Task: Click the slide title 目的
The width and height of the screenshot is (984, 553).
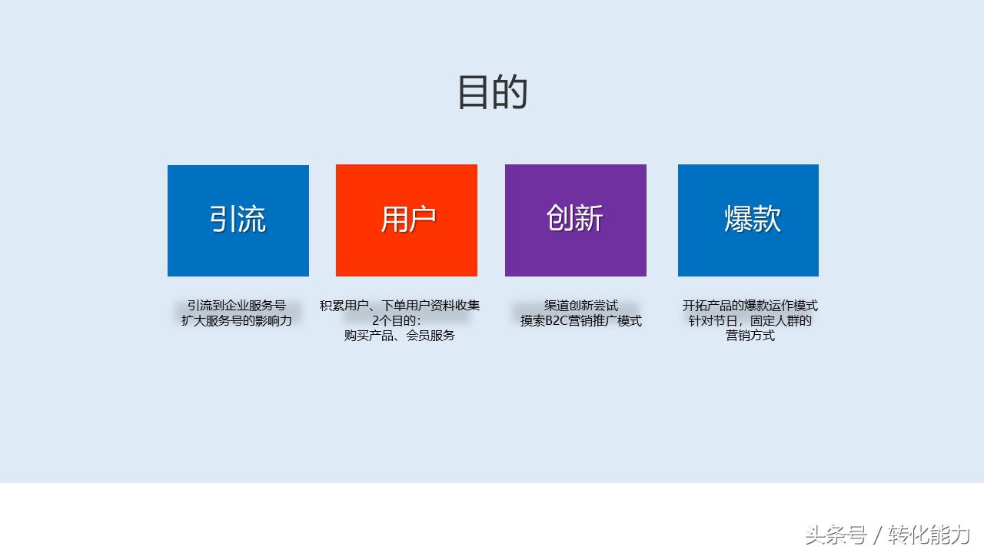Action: [x=492, y=92]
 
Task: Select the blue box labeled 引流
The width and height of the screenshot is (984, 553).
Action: [x=238, y=220]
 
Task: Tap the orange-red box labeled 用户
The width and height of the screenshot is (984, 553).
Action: [x=407, y=220]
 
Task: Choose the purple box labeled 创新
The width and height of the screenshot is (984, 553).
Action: [x=576, y=220]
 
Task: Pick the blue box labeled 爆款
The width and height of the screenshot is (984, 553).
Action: [x=748, y=220]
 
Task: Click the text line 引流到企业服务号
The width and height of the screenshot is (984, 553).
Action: [x=236, y=306]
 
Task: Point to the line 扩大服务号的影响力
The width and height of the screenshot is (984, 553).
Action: [x=237, y=320]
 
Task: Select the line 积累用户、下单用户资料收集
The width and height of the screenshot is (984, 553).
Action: [x=400, y=306]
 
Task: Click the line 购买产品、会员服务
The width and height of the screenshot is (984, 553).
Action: [x=400, y=336]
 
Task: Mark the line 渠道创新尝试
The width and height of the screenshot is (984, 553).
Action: [x=581, y=306]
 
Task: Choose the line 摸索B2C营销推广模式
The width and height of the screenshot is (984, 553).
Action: [x=581, y=321]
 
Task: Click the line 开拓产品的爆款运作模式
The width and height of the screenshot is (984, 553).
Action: [x=750, y=306]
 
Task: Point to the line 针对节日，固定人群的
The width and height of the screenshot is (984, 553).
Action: [x=750, y=320]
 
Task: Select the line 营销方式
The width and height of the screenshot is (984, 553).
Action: [x=750, y=336]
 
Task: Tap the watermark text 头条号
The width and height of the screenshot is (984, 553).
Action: [x=836, y=535]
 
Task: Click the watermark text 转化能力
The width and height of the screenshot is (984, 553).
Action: [x=929, y=535]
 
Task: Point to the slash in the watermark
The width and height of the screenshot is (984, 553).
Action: [x=877, y=535]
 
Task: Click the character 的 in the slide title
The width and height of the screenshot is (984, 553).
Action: [x=510, y=92]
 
